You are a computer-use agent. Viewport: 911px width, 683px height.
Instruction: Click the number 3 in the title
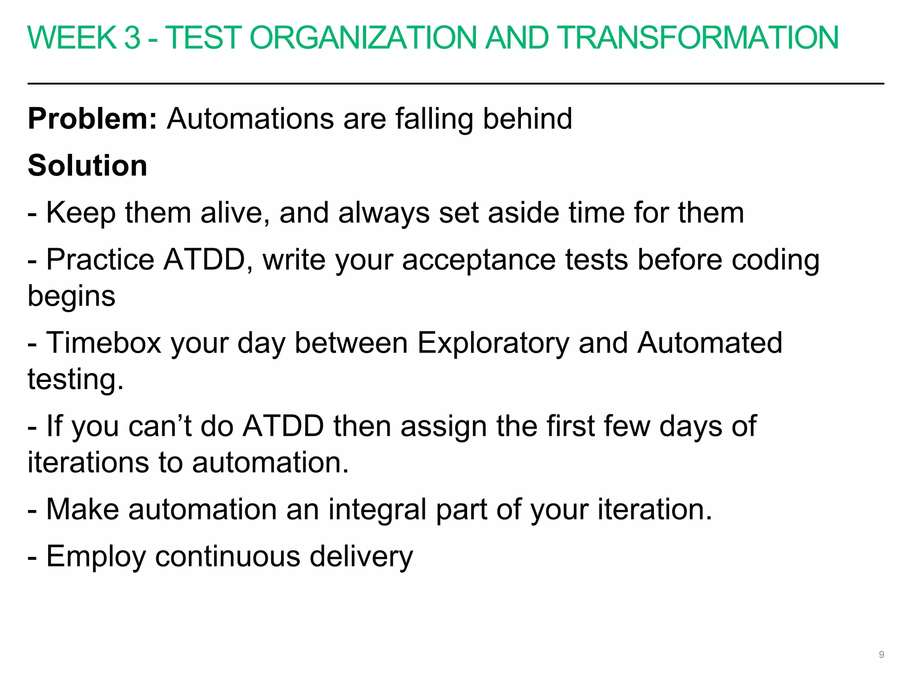(x=132, y=38)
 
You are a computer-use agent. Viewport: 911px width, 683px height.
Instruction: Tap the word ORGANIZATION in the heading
(x=363, y=38)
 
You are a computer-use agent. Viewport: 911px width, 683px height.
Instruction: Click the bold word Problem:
(x=93, y=119)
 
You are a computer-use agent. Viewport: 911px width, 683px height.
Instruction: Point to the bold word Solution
(x=87, y=165)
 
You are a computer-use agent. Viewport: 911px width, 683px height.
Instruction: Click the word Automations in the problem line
(x=250, y=119)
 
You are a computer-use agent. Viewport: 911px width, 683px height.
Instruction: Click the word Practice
(x=100, y=260)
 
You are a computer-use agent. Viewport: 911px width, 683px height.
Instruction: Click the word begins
(x=71, y=297)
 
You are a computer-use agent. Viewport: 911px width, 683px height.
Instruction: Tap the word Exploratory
(x=493, y=344)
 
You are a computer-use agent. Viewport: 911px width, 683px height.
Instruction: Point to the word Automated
(x=709, y=343)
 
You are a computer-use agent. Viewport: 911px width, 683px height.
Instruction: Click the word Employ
(x=96, y=557)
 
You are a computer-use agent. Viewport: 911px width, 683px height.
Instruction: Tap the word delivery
(x=361, y=557)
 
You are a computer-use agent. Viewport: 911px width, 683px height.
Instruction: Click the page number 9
(x=881, y=655)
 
